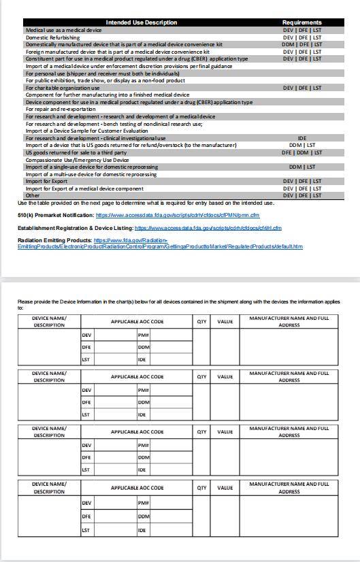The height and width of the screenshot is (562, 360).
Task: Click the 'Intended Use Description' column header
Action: (x=142, y=22)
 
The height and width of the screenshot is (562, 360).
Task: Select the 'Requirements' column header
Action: (x=301, y=22)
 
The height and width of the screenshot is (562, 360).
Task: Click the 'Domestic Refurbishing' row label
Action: (x=53, y=37)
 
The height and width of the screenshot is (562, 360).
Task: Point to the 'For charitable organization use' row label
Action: (x=63, y=88)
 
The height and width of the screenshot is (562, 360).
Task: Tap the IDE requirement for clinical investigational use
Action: (x=302, y=138)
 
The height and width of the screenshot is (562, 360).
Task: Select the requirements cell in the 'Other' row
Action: (x=302, y=195)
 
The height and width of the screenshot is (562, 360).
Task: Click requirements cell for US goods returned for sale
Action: (x=302, y=152)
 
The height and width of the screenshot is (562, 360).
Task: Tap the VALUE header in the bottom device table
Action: (x=225, y=487)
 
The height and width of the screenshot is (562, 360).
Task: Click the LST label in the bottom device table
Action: (x=86, y=530)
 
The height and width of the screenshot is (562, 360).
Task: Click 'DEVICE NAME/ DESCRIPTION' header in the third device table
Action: (x=49, y=431)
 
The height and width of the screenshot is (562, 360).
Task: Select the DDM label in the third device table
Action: (x=143, y=457)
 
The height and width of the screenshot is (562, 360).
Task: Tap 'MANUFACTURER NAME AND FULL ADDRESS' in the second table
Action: (x=289, y=376)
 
